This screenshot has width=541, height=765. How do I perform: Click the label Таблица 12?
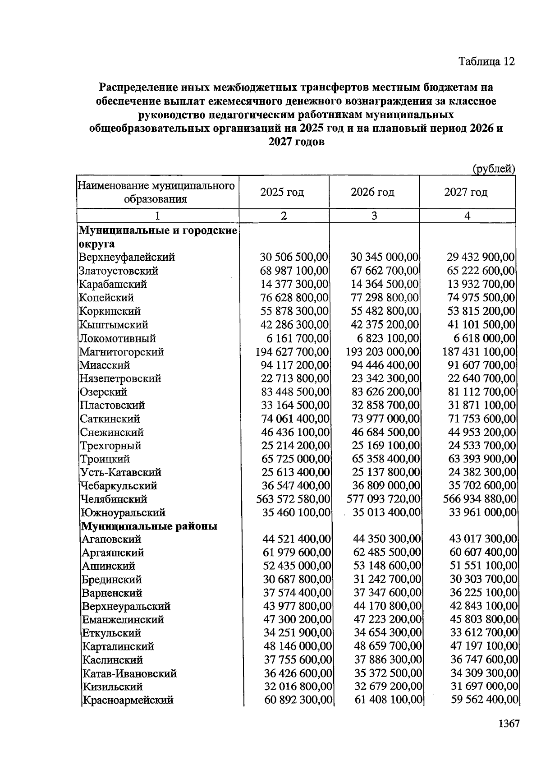[486, 61]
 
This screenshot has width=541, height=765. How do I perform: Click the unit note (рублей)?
[493, 169]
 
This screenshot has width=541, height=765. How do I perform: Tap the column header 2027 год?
[466, 193]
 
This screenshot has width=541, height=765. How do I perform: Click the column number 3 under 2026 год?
[374, 216]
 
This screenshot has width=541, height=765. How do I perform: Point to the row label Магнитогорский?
[121, 352]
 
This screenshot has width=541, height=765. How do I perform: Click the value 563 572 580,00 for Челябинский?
[293, 499]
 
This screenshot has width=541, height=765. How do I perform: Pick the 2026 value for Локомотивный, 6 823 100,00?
[385, 338]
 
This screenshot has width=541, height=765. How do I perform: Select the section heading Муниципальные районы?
[149, 526]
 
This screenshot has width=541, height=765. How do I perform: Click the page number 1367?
[509, 724]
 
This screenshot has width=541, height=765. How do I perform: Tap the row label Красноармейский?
[128, 700]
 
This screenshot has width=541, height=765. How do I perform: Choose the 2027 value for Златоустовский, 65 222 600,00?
[480, 271]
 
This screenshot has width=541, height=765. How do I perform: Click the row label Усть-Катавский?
[120, 473]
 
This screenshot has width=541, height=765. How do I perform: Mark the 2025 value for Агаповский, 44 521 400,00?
[296, 539]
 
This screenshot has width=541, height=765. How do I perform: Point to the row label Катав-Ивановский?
[129, 673]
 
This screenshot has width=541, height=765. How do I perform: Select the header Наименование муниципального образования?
[156, 193]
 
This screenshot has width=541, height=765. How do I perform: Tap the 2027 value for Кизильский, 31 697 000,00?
[484, 687]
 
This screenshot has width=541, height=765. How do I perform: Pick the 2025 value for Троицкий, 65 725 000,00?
[295, 459]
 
